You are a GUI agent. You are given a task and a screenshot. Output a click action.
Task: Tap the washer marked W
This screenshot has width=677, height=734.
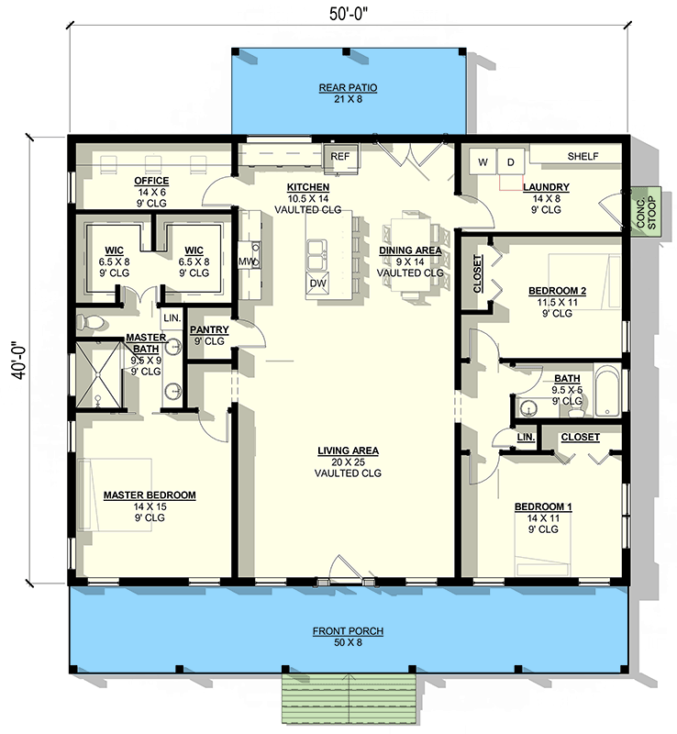click(x=483, y=162)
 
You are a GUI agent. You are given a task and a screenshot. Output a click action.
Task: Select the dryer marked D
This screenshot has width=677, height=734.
click(x=511, y=162)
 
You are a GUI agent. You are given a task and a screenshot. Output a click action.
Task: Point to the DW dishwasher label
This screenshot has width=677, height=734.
click(x=317, y=283)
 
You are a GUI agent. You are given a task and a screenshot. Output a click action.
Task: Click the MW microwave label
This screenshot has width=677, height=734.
click(x=246, y=261)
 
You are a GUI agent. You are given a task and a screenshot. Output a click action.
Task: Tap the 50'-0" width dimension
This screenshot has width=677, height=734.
click(x=349, y=14)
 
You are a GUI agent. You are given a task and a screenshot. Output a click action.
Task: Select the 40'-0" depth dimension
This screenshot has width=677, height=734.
click(x=19, y=361)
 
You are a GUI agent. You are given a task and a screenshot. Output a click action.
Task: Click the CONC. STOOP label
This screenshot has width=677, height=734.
click(x=647, y=213)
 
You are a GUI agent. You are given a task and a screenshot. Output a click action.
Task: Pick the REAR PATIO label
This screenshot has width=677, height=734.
click(x=348, y=87)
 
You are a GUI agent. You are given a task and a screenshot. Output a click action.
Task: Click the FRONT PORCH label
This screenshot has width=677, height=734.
click(x=348, y=631)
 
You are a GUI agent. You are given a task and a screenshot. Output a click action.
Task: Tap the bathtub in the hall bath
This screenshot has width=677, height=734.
click(x=607, y=391)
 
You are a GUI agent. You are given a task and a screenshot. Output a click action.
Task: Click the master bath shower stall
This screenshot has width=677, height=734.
click(x=99, y=375)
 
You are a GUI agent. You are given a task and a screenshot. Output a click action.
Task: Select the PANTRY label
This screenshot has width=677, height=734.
click(x=209, y=329)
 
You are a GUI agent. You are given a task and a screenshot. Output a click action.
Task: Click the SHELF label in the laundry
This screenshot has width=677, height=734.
click(x=583, y=156)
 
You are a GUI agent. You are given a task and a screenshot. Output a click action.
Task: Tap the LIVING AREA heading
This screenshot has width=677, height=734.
click(x=348, y=450)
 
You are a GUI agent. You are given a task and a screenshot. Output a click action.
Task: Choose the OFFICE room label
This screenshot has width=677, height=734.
click(x=151, y=181)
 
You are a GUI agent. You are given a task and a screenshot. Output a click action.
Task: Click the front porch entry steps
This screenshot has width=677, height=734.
click(x=349, y=698)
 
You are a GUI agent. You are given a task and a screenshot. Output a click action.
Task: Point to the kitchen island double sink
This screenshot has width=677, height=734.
click(x=317, y=255)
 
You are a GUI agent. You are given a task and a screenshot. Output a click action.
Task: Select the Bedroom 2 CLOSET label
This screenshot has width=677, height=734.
click(x=477, y=273)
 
